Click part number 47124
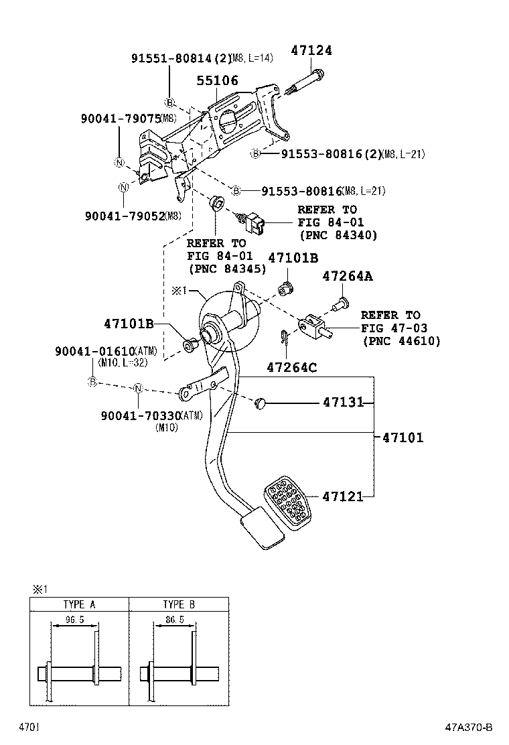click(311, 50)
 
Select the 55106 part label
click(217, 80)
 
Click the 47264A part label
click(348, 276)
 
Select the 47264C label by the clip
click(292, 366)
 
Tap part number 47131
click(343, 403)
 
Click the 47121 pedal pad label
click(343, 496)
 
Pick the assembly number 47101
click(403, 438)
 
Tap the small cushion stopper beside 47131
click(261, 403)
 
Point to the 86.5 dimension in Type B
click(173, 620)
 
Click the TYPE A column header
click(79, 604)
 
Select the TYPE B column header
click(178, 604)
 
